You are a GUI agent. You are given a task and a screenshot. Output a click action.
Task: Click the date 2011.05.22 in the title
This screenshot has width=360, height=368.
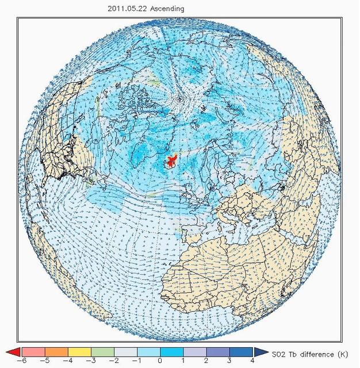click(x=126, y=9)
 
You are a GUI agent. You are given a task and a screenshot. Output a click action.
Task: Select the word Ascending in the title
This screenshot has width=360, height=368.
click(x=165, y=9)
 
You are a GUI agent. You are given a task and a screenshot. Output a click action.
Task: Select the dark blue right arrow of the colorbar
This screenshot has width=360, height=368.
click(x=259, y=352)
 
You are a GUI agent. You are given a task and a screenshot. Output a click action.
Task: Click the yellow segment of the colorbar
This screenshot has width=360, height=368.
click(x=79, y=352)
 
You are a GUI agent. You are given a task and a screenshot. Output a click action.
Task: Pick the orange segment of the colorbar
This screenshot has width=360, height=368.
click(x=56, y=352)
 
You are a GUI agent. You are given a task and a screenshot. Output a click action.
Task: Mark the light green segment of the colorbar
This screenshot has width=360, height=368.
click(x=102, y=352)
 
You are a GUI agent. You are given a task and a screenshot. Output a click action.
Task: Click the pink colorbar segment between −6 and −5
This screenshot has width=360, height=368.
click(x=33, y=352)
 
